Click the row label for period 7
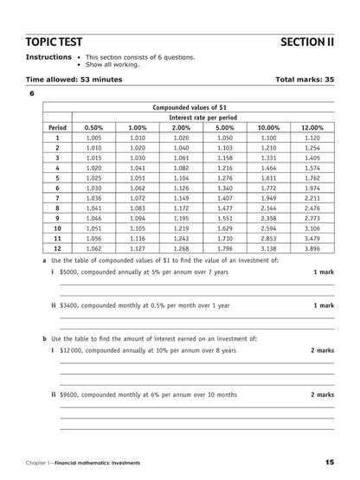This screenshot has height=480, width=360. pos(57,197)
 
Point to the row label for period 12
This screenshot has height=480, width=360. pos(57,246)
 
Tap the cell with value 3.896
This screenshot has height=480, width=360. pos(312,246)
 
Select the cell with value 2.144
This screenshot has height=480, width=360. pos(268,208)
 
